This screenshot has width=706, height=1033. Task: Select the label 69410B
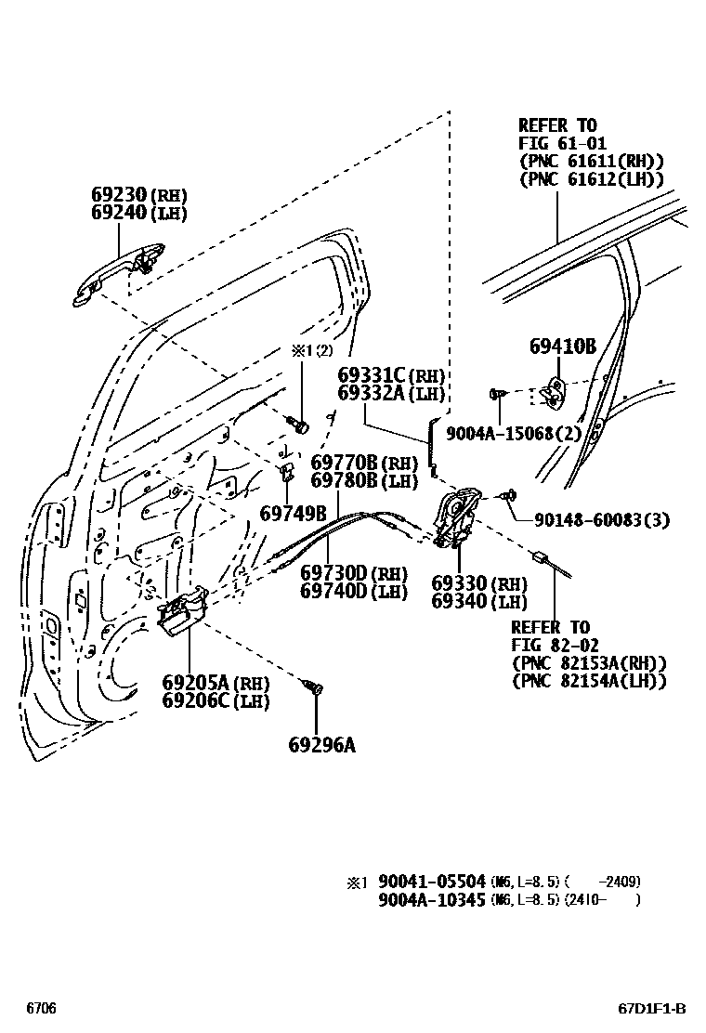tap(562, 347)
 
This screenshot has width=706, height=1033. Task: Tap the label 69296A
tap(321, 743)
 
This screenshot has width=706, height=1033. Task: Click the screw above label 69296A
tap(315, 687)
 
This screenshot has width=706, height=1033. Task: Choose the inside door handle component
tap(181, 613)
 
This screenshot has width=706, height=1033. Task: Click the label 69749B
tap(293, 513)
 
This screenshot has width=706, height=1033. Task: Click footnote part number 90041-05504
tap(432, 882)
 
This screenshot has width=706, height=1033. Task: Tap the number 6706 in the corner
tap(41, 1008)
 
